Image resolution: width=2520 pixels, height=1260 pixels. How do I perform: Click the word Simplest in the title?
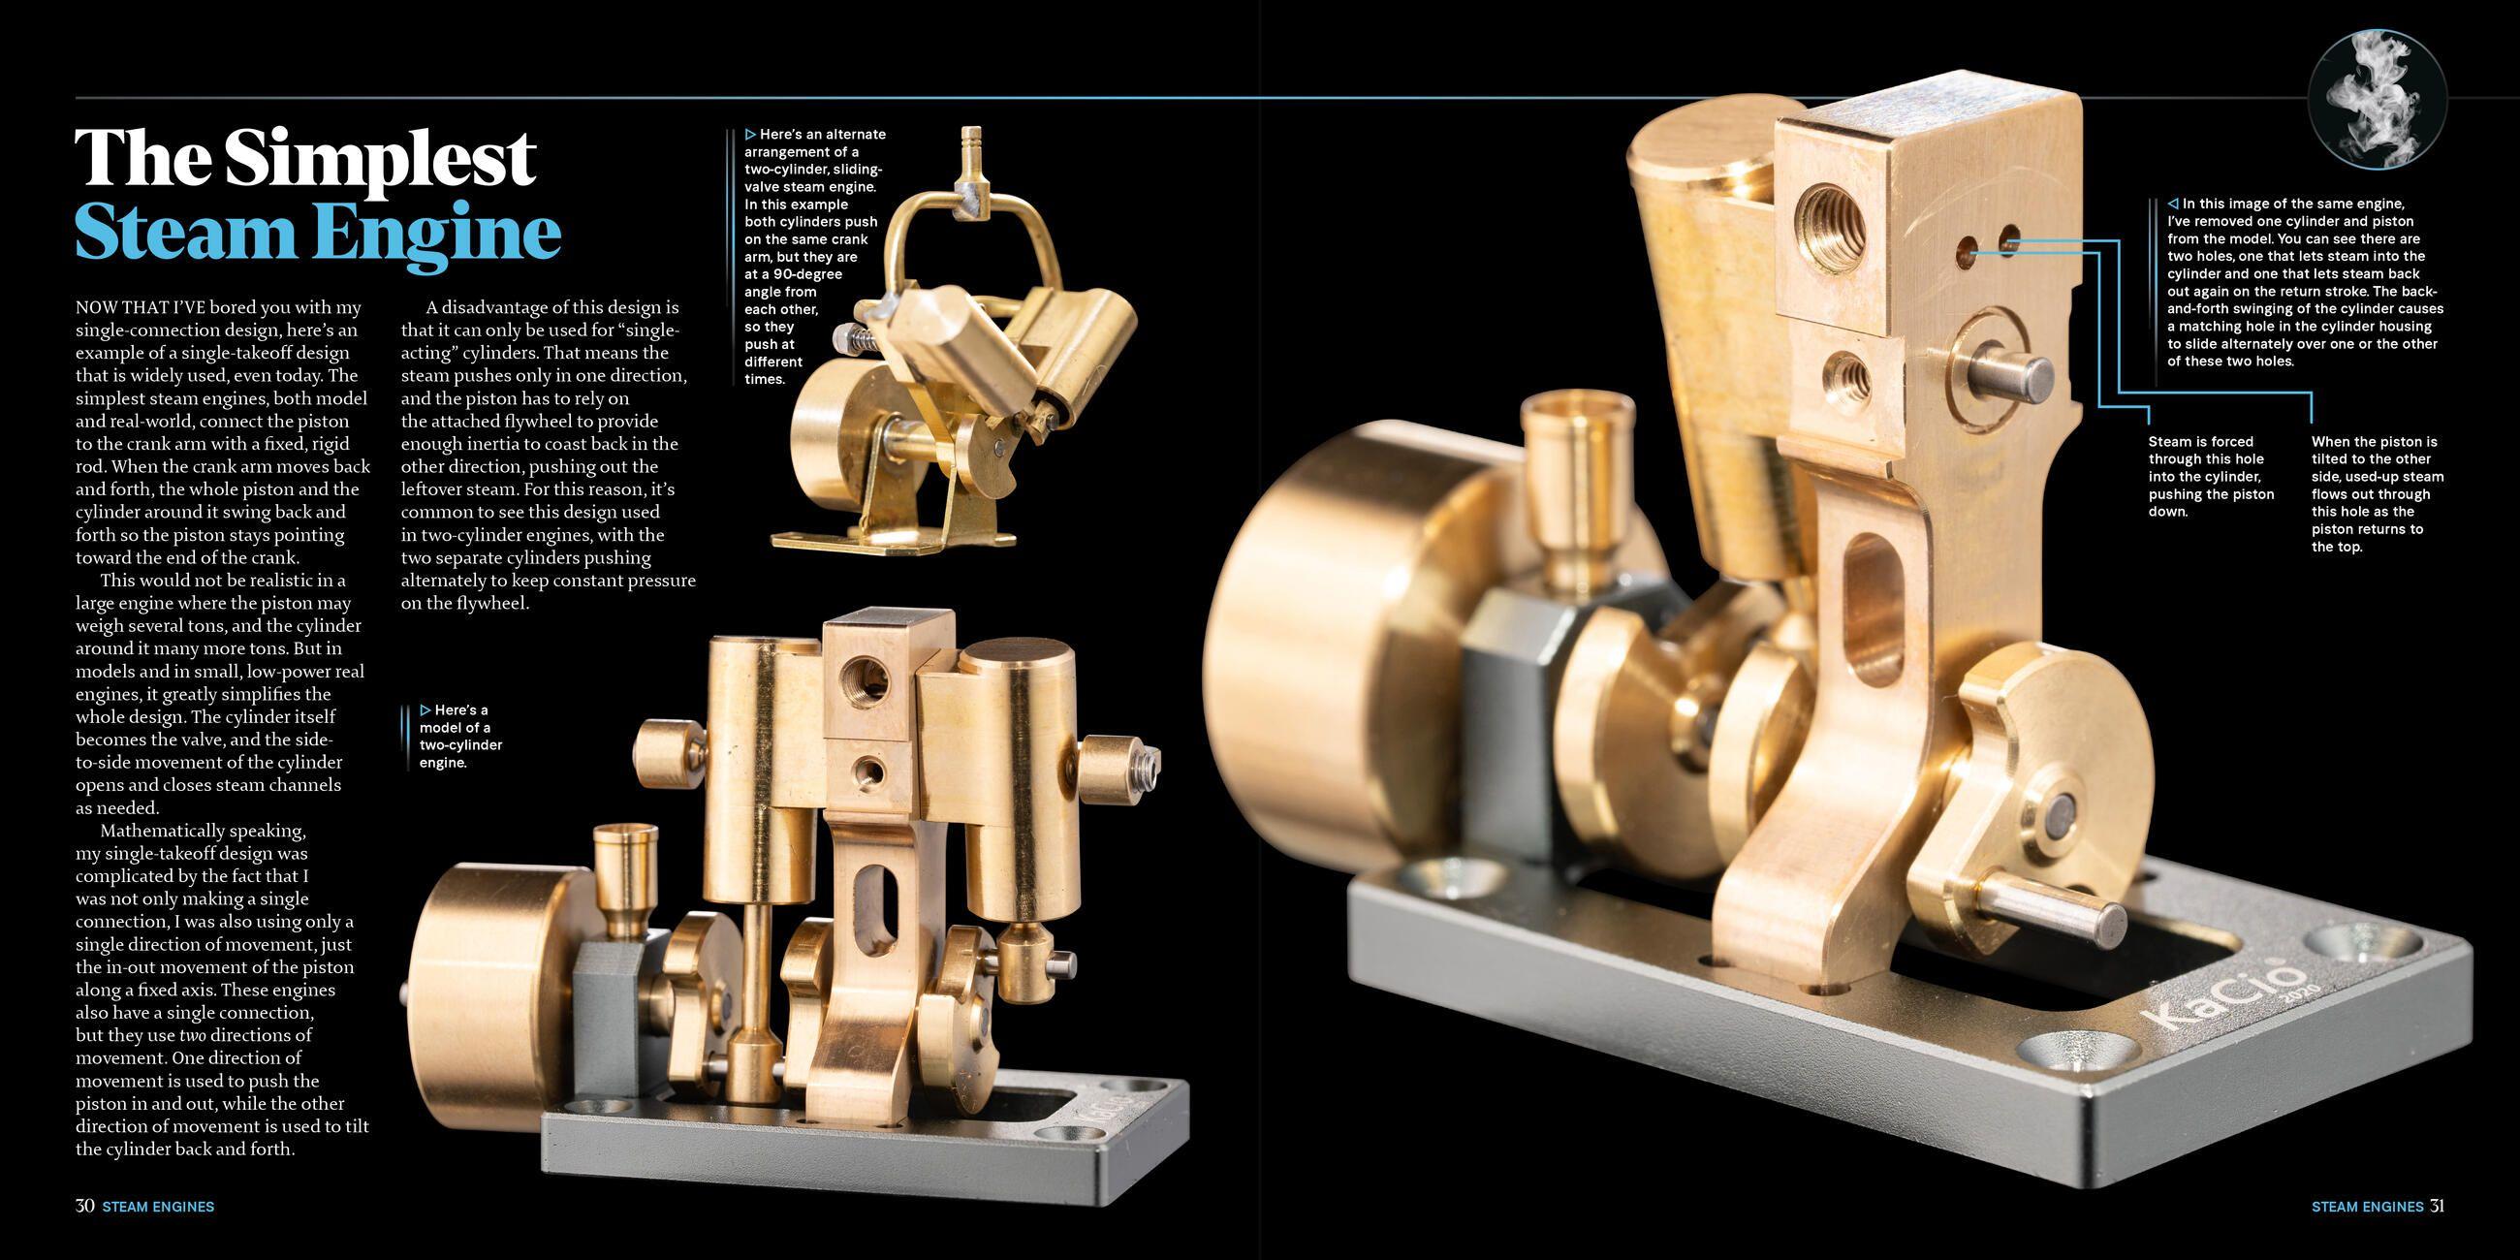pyautogui.click(x=380, y=159)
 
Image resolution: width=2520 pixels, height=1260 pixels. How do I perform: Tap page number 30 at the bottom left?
pyautogui.click(x=85, y=1205)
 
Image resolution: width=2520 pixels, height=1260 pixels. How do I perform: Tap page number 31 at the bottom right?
pyautogui.click(x=2436, y=1205)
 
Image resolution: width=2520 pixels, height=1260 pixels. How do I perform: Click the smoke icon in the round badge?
pyautogui.click(x=2377, y=100)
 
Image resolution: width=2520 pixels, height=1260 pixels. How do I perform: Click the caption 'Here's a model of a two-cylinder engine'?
pyautogui.click(x=459, y=736)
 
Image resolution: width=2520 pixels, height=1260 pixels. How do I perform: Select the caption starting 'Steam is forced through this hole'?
pyautogui.click(x=2210, y=477)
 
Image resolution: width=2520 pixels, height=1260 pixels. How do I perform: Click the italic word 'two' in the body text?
pyautogui.click(x=192, y=1035)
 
